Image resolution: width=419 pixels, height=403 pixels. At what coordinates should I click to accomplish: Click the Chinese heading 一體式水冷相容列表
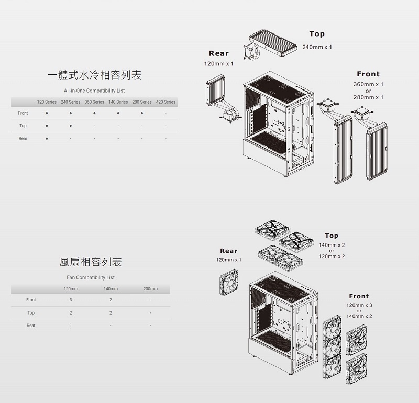point(94,75)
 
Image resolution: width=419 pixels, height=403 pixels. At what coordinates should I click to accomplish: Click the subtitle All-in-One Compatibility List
point(94,91)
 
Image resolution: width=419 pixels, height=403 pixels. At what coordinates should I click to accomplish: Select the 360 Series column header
point(94,102)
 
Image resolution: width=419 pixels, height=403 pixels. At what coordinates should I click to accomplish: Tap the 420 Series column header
point(166,102)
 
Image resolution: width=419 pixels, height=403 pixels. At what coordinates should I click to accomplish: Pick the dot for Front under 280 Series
point(142,113)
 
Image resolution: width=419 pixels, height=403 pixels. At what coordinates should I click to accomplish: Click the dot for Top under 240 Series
point(70,126)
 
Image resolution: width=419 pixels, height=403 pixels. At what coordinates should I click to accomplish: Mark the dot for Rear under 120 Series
point(47,139)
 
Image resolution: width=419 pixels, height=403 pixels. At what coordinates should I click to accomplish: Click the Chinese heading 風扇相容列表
point(91,262)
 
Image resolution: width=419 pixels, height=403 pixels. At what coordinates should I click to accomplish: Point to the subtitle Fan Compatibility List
point(91,277)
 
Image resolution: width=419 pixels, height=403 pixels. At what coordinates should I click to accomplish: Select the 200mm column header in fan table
point(150,289)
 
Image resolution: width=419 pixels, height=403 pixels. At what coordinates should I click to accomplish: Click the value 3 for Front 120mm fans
point(71,300)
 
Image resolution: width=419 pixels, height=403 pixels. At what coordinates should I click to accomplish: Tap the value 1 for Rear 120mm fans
point(71,326)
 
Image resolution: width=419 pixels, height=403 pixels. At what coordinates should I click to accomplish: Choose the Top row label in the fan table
point(31,313)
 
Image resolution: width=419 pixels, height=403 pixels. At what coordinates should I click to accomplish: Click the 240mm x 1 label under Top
point(317,47)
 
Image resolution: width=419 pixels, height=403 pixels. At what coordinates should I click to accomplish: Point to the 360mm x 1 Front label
point(368,84)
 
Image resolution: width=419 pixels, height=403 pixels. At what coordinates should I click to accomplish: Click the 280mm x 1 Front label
point(368,98)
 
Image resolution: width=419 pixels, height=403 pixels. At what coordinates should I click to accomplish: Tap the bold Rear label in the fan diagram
point(228,251)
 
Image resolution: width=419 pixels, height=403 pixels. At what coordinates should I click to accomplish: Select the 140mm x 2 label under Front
point(359,317)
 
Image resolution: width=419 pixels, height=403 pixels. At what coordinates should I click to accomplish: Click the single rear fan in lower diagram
point(228,282)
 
